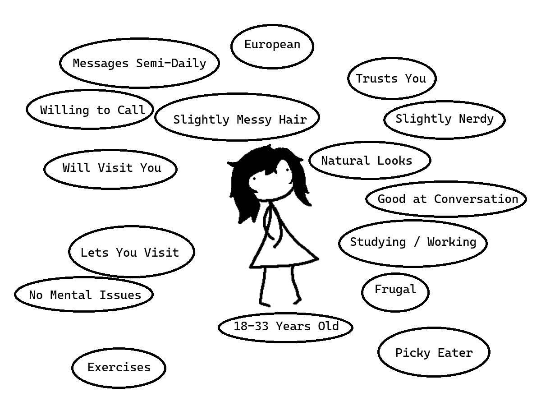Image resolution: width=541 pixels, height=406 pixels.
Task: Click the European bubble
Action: coord(272,46)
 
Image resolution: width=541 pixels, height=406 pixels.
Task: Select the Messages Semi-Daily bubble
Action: coord(139,63)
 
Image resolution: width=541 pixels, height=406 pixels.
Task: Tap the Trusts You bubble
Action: coord(391,78)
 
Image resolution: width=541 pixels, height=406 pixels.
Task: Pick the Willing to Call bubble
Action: coord(92,110)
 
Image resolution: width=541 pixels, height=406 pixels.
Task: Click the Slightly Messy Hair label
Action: coord(239,119)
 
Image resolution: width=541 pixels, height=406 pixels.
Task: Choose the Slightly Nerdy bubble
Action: coord(444,119)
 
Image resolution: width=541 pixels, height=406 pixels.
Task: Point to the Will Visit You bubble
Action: coord(111,168)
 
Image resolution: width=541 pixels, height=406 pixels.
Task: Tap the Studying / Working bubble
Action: coord(413,242)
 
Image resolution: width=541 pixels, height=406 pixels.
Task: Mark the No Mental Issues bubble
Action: coord(84,295)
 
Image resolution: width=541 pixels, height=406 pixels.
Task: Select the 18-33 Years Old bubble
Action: coord(285,327)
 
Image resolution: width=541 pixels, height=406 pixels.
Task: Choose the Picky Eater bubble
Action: coord(433,352)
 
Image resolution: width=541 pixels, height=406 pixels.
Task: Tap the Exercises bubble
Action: coord(119,367)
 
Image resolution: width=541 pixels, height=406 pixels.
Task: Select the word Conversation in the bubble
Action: coord(476,199)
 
